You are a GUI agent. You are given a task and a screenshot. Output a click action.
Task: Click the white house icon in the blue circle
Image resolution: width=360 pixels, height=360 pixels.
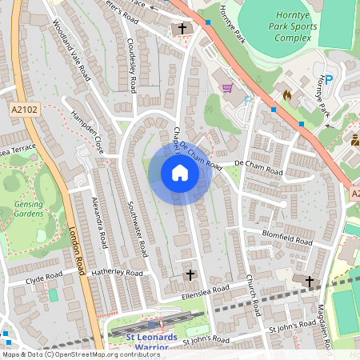[179, 173]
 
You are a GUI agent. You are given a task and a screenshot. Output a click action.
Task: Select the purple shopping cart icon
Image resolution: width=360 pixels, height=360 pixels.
[227, 87]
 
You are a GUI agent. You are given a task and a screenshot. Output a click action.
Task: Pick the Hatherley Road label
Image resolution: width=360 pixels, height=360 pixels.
[116, 273]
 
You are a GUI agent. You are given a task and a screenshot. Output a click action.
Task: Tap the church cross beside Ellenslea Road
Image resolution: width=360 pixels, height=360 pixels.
[190, 274]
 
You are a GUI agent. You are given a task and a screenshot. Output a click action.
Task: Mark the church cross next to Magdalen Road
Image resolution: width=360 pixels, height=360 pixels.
[310, 280]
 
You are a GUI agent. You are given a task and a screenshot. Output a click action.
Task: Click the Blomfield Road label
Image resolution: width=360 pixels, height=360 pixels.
[287, 238]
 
